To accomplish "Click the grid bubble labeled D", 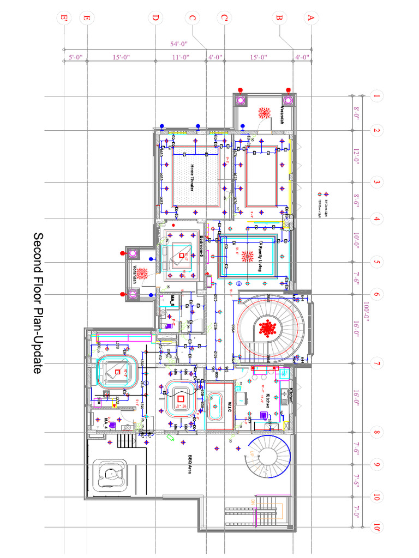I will point(155,18).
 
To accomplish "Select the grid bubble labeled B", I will point(279,18).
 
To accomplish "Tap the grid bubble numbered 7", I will point(376,363).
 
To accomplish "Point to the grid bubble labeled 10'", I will point(376,528).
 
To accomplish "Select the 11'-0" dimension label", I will point(180,57).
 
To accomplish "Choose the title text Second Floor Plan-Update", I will point(38,303).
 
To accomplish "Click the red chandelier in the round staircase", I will point(268,328).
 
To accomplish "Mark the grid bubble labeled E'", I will point(64,18).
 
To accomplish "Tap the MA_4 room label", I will point(107,422).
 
